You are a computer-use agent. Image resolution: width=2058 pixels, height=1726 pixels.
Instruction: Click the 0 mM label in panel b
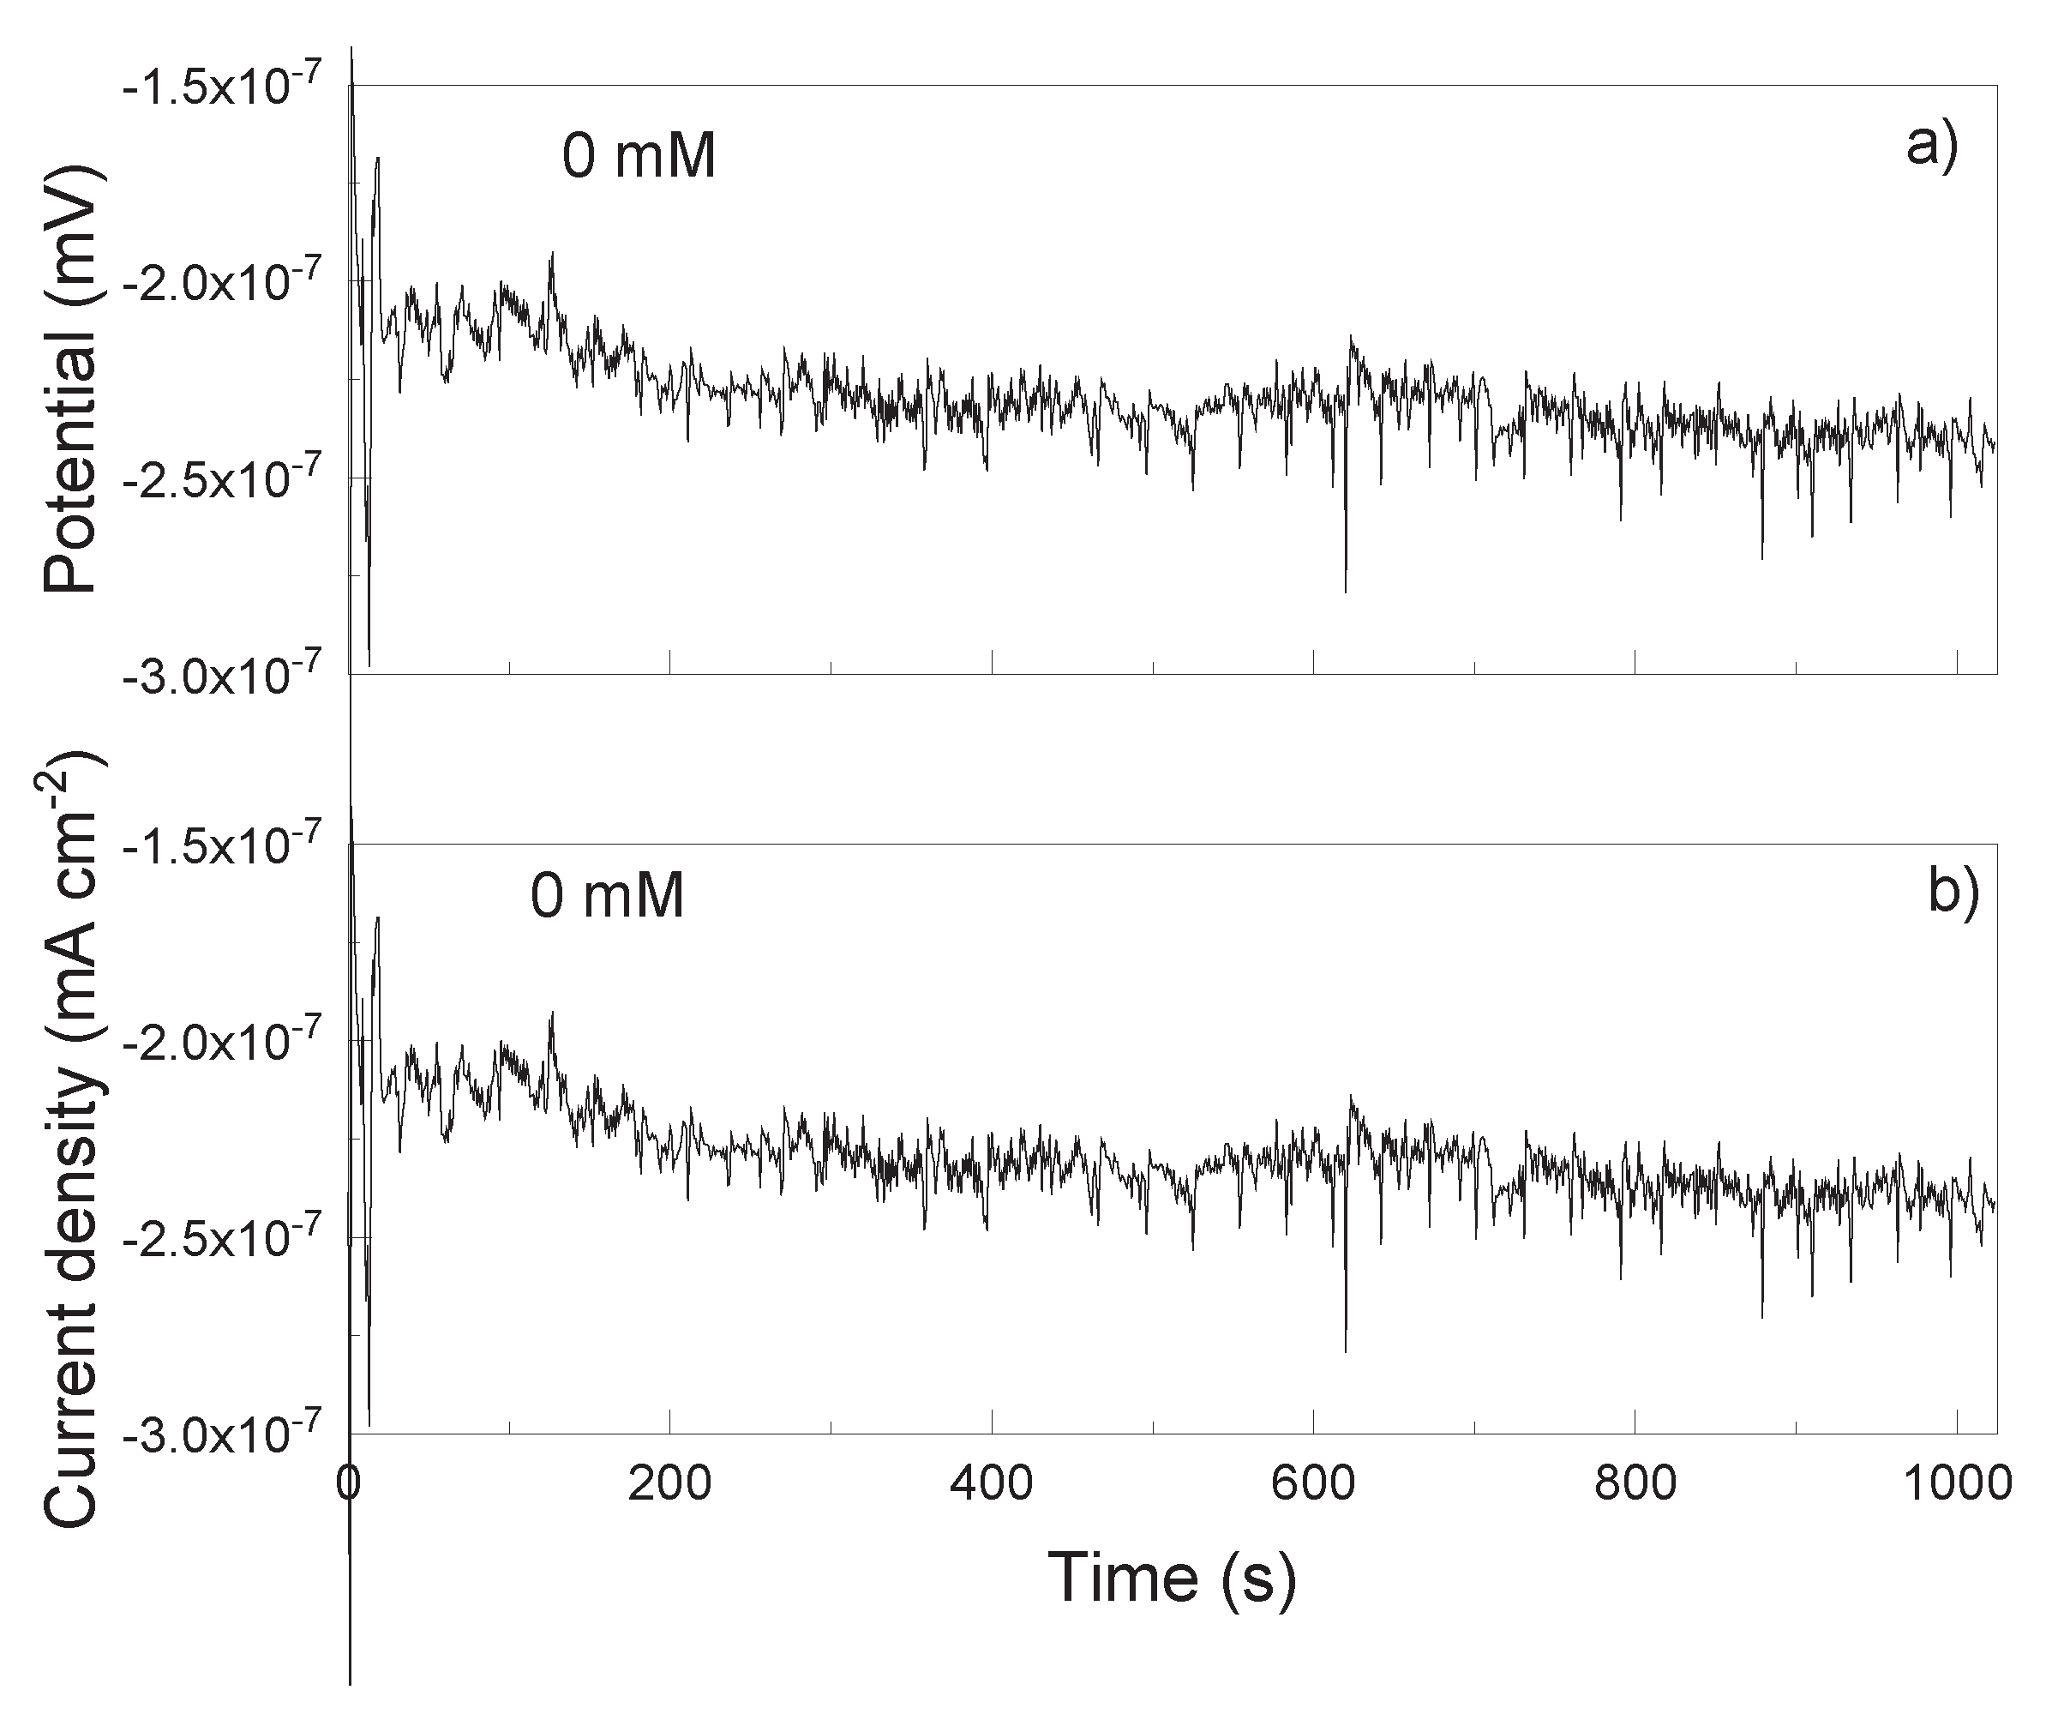pos(608,896)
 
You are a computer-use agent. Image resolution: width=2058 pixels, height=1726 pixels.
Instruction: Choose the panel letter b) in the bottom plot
pos(1953,892)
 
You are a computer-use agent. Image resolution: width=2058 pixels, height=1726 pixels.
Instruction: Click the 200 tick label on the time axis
pos(670,1485)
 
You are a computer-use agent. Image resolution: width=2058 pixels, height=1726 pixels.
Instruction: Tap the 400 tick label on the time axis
pos(992,1485)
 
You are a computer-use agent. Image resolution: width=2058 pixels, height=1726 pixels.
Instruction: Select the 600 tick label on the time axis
pos(1313,1485)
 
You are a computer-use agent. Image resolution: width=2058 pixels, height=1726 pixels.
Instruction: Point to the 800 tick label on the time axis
pos(1635,1485)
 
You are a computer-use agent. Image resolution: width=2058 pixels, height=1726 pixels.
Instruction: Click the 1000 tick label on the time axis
pos(1956,1485)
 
